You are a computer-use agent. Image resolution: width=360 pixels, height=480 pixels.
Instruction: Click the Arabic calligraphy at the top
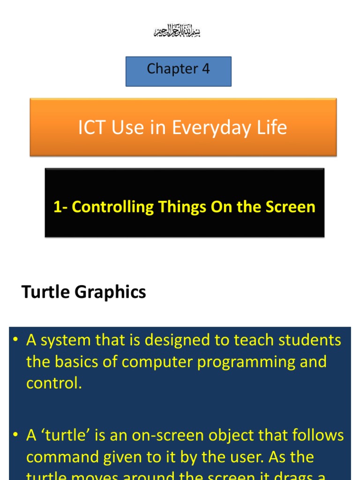click(177, 32)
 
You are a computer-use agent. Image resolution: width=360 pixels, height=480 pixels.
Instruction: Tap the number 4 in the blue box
click(206, 69)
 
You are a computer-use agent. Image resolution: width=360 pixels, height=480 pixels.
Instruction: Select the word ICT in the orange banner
click(92, 127)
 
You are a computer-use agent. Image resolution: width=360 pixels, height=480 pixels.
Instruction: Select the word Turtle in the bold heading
click(45, 292)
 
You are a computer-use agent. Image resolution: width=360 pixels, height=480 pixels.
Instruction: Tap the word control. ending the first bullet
click(54, 383)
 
